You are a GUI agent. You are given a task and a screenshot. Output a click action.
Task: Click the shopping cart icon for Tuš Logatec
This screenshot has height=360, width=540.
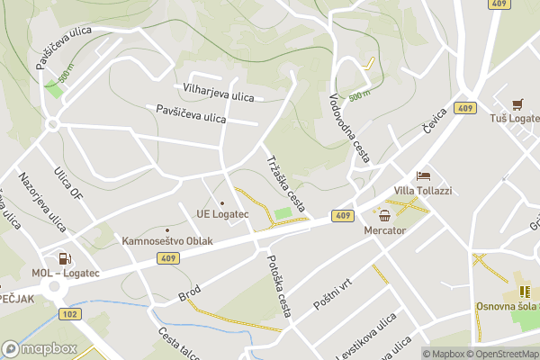(517, 104)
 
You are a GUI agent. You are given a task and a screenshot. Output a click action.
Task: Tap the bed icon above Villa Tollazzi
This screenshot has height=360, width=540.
(423, 175)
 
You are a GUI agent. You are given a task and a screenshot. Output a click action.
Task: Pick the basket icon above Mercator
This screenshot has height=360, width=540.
(385, 215)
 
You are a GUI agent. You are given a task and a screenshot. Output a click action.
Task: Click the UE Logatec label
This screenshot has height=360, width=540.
(221, 214)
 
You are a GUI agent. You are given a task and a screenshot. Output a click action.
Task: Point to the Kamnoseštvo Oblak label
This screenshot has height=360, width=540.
(166, 242)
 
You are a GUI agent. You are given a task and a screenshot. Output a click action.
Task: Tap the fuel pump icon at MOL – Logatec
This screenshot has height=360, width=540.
(61, 258)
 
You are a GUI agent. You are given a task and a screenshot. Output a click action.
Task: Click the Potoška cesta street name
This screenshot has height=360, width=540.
(280, 285)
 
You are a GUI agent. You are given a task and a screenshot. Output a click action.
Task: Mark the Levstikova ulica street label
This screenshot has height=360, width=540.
(366, 336)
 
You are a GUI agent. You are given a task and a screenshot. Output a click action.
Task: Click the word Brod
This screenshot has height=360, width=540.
(190, 294)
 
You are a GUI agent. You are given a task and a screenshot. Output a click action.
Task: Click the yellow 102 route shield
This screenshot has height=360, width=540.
(69, 313)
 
